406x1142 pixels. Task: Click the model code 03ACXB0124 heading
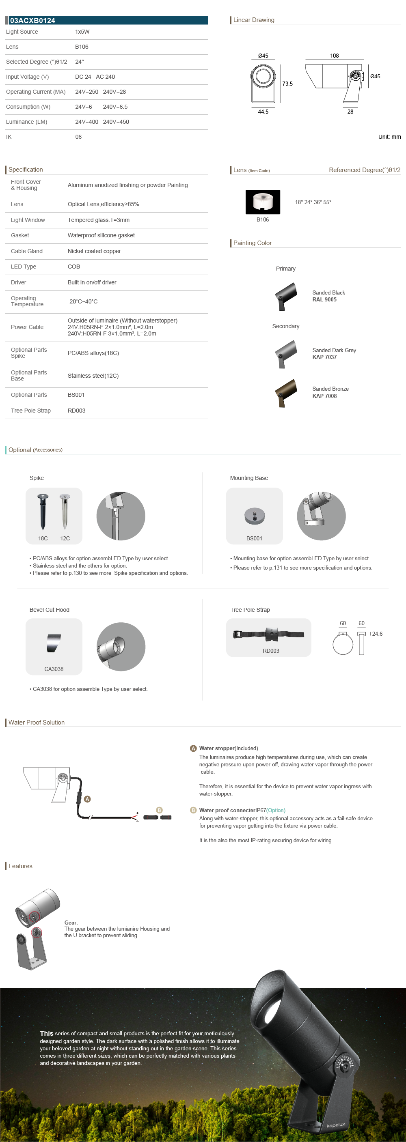(x=32, y=20)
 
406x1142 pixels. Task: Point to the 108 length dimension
(x=335, y=56)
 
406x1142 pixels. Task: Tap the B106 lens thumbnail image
(x=263, y=202)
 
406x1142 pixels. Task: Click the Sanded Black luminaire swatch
(x=285, y=296)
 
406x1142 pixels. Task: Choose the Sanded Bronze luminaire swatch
(x=285, y=392)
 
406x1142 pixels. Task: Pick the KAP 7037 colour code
(x=324, y=357)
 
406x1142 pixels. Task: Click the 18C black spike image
(x=43, y=512)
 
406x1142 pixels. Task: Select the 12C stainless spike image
(x=65, y=512)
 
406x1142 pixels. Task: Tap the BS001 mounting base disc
(x=254, y=516)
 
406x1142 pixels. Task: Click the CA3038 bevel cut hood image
(x=54, y=643)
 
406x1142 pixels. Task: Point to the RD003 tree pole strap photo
(x=269, y=634)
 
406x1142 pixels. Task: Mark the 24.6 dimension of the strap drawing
(x=377, y=634)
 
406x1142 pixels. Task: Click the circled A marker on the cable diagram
(x=87, y=799)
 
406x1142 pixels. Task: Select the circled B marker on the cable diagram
(x=159, y=810)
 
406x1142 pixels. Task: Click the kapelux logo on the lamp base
(x=336, y=1125)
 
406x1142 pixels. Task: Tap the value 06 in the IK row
(x=78, y=137)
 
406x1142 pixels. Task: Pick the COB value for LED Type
(x=73, y=267)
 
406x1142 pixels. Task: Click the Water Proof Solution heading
(x=37, y=722)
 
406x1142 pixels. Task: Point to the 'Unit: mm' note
(x=389, y=137)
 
